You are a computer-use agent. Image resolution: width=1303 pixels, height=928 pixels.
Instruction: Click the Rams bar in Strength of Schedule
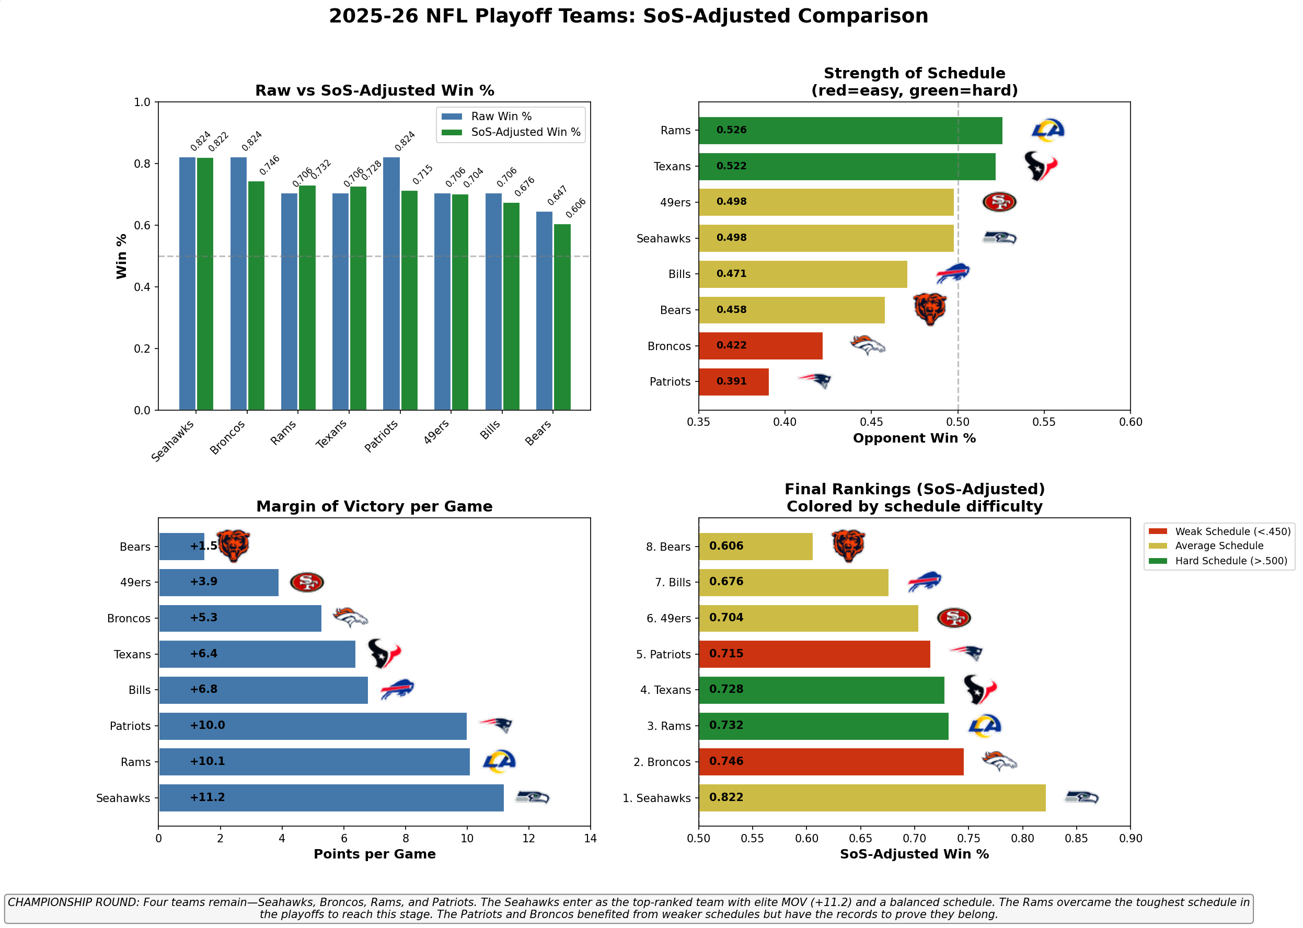coord(850,130)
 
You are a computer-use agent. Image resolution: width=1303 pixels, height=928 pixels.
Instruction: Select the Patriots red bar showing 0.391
coord(733,382)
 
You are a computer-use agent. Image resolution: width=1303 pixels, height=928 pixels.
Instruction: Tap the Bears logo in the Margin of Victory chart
coord(233,546)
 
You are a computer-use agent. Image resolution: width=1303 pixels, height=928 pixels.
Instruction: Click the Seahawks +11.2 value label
coord(207,797)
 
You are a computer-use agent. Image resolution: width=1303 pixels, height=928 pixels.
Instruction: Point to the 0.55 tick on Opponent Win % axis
coord(1044,422)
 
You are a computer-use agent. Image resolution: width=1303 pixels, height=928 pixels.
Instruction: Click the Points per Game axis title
coord(374,854)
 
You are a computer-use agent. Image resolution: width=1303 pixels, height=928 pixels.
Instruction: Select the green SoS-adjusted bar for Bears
coord(562,317)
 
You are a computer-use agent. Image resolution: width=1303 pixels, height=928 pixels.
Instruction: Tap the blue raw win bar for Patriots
coord(391,284)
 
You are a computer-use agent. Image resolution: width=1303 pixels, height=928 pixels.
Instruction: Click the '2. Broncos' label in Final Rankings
coord(662,762)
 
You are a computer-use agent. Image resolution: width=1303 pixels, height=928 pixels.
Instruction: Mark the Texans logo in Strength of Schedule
coord(1040,166)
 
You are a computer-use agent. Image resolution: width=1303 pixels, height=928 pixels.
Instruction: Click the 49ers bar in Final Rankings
coord(808,618)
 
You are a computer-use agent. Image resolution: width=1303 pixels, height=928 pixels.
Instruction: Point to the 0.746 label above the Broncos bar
coord(269,165)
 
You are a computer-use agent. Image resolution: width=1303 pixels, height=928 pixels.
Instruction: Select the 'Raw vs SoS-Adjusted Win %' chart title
coord(374,91)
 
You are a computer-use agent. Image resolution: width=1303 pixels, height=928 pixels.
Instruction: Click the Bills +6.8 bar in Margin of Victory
coord(263,690)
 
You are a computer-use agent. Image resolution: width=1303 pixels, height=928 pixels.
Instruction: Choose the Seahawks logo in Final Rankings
coord(1081,797)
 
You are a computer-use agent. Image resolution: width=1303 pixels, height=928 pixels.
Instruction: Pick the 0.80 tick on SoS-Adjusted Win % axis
coord(1022,838)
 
